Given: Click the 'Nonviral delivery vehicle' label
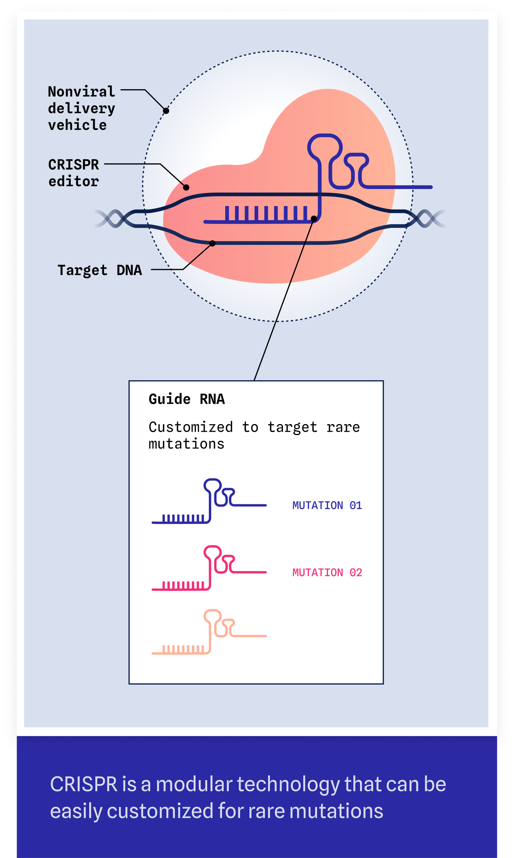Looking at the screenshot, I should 81,108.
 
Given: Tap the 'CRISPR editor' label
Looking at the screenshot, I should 74,173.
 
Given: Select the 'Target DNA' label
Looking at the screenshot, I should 100,270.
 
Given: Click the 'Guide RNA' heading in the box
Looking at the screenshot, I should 187,399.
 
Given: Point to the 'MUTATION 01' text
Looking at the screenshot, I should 327,505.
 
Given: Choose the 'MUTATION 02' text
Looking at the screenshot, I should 327,572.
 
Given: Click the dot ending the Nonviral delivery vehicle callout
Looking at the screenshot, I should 166,111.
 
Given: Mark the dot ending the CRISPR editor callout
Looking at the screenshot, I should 186,187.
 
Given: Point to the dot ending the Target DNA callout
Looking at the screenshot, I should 213,243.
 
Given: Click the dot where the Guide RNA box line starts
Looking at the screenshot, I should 314,218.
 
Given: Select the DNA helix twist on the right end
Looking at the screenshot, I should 427,218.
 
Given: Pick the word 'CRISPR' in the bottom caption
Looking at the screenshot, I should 83,784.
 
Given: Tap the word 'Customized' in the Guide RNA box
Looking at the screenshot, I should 191,427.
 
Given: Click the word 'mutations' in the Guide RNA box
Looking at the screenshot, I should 186,444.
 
